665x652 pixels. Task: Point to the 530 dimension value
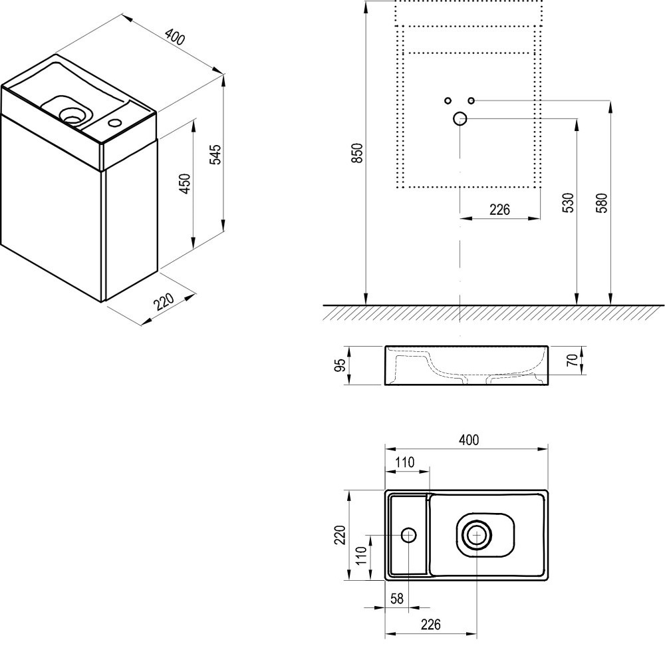(567, 204)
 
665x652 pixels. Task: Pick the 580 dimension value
(602, 204)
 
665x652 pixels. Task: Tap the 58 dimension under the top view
(397, 598)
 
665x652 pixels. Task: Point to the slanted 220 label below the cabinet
(163, 302)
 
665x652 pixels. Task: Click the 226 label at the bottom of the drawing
(430, 625)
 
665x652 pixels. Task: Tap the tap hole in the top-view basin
(408, 534)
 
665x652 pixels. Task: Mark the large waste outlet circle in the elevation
(460, 119)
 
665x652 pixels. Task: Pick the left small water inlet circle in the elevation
(448, 100)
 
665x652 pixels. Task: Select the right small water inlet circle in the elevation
(471, 100)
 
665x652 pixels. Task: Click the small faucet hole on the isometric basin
(114, 122)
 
